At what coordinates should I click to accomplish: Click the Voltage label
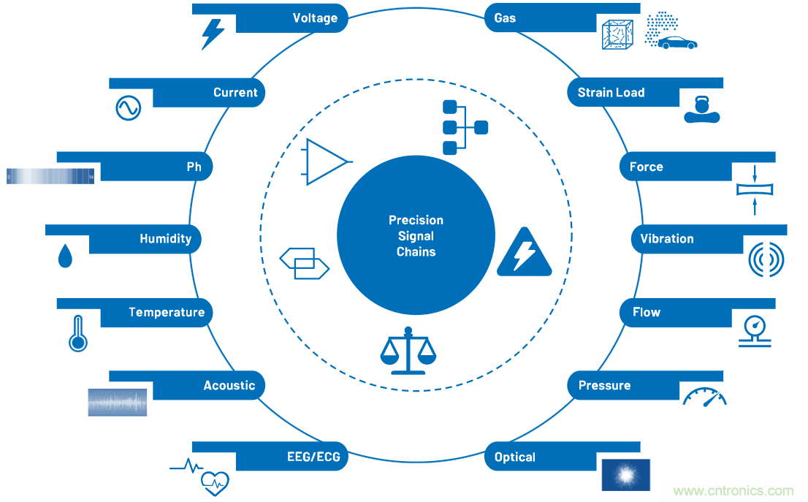(315, 18)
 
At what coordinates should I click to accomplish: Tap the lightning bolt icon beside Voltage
(213, 34)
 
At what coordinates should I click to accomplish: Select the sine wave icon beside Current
(128, 107)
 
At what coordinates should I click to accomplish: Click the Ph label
(194, 167)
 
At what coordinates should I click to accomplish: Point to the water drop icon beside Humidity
(66, 255)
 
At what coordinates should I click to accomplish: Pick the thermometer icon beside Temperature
(77, 334)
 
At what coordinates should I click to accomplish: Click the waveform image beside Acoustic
(118, 403)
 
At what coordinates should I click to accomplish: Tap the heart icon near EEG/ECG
(215, 482)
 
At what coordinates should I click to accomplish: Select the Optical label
(515, 457)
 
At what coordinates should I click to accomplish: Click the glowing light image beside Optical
(625, 475)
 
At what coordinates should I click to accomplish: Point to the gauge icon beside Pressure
(705, 397)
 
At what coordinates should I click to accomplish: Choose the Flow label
(647, 313)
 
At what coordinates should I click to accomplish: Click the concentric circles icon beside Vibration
(766, 259)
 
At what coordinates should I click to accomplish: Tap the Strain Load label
(611, 93)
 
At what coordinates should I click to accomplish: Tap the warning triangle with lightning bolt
(524, 253)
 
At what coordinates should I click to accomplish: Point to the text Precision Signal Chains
(416, 236)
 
